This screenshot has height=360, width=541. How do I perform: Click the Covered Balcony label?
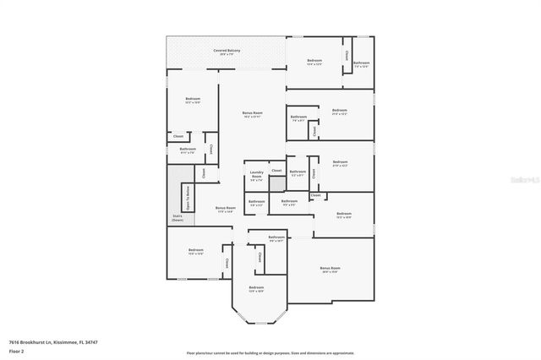(x=226, y=52)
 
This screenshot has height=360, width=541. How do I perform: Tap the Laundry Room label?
(x=256, y=177)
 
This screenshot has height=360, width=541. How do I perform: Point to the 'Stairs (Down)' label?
(x=178, y=218)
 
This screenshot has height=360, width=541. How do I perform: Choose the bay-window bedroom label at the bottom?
(x=256, y=289)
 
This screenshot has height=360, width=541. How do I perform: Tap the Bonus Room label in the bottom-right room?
(x=330, y=270)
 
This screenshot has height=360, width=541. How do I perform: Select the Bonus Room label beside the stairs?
(x=225, y=209)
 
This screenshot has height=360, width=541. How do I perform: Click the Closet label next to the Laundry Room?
(x=276, y=171)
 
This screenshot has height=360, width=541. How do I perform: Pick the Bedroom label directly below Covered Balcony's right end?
(x=314, y=61)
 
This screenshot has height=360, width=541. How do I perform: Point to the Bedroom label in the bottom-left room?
(x=196, y=250)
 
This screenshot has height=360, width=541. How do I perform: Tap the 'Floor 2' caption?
(x=16, y=350)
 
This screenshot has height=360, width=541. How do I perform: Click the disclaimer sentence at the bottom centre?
(x=270, y=352)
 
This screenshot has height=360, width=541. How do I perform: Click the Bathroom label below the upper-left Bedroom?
(x=188, y=150)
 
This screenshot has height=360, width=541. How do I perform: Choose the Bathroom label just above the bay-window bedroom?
(x=276, y=238)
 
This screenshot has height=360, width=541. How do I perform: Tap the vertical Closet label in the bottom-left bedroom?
(x=227, y=264)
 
